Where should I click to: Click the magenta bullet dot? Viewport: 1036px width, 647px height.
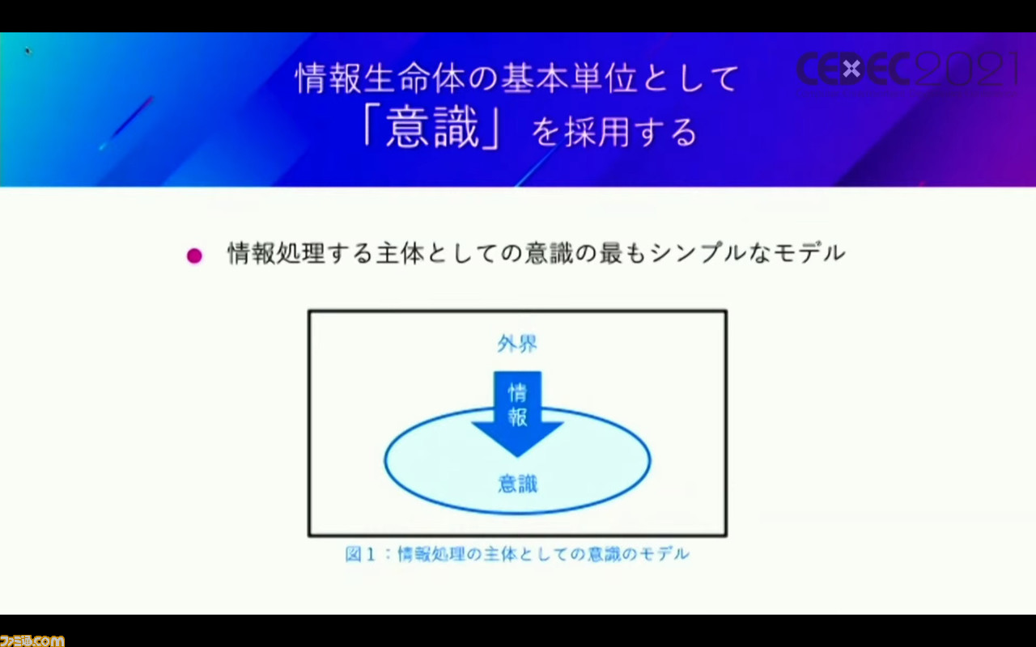[194, 256]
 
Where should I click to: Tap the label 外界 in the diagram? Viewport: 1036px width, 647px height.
[517, 344]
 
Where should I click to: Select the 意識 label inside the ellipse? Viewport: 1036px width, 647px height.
[517, 484]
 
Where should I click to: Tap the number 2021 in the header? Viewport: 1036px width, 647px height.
[966, 69]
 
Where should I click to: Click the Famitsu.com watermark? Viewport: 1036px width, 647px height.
[32, 641]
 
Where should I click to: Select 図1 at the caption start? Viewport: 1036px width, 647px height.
[360, 554]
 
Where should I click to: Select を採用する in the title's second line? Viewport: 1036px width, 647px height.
[614, 133]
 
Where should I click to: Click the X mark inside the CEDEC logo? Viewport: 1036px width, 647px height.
[851, 69]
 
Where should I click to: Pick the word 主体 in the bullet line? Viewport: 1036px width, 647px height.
[400, 253]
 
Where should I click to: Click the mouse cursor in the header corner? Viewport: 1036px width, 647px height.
[28, 51]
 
